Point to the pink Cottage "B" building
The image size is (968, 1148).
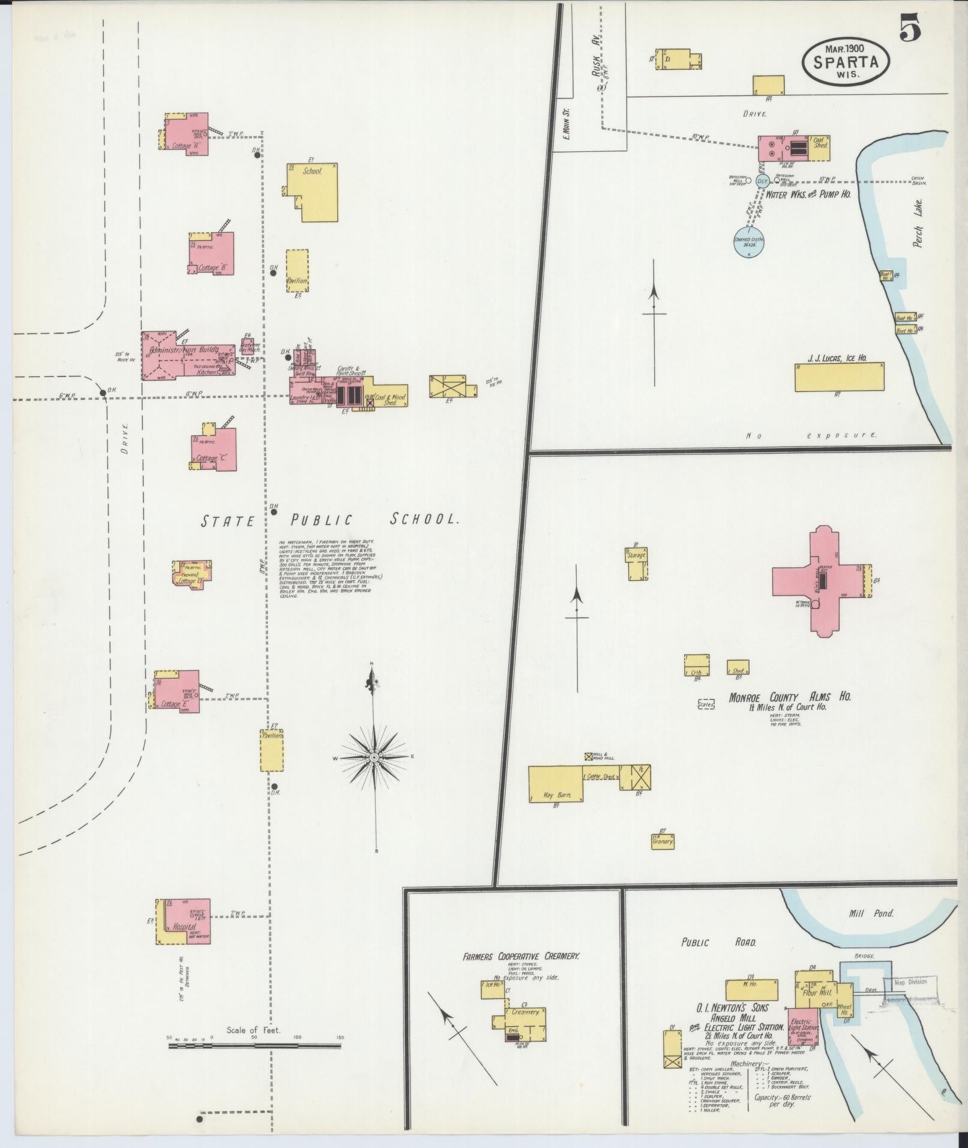[211, 253]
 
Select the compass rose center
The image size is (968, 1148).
[374, 758]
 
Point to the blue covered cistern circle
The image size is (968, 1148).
[748, 242]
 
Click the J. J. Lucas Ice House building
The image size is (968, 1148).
[839, 377]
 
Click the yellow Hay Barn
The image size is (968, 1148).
[556, 783]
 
